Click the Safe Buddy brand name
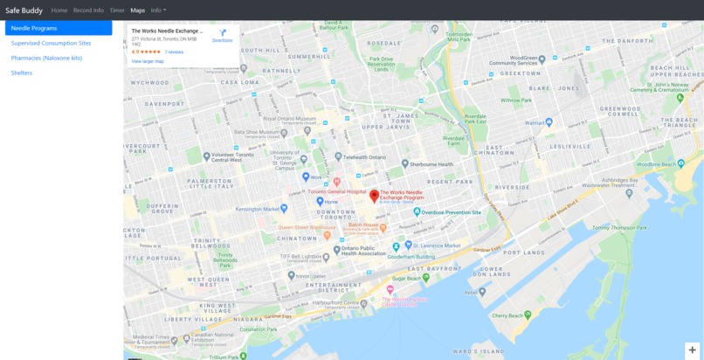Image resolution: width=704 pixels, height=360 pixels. [x=24, y=10]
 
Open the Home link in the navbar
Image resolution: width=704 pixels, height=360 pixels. [x=59, y=10]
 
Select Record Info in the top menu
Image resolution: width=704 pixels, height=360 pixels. [x=88, y=10]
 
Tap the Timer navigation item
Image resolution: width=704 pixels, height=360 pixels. [x=117, y=10]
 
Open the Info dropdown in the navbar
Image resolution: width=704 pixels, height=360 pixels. [x=158, y=10]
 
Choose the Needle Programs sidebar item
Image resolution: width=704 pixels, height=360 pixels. [x=59, y=28]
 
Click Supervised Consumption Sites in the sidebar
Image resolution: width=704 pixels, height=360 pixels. [x=51, y=43]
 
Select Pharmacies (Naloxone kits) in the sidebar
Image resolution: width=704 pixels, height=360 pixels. [x=46, y=58]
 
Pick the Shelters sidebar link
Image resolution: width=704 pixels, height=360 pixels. [x=22, y=73]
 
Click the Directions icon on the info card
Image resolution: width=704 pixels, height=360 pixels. [x=223, y=34]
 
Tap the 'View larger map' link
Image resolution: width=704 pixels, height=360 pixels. [x=148, y=61]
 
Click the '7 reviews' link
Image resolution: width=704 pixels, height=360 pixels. [x=174, y=52]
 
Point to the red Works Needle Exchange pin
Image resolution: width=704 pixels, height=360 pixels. [x=375, y=196]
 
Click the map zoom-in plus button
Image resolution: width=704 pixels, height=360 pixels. [x=693, y=350]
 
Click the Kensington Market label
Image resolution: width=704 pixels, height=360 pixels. [x=261, y=209]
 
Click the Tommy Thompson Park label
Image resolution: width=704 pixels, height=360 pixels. [x=617, y=229]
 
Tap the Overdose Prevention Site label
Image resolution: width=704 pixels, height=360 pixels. [x=451, y=212]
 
